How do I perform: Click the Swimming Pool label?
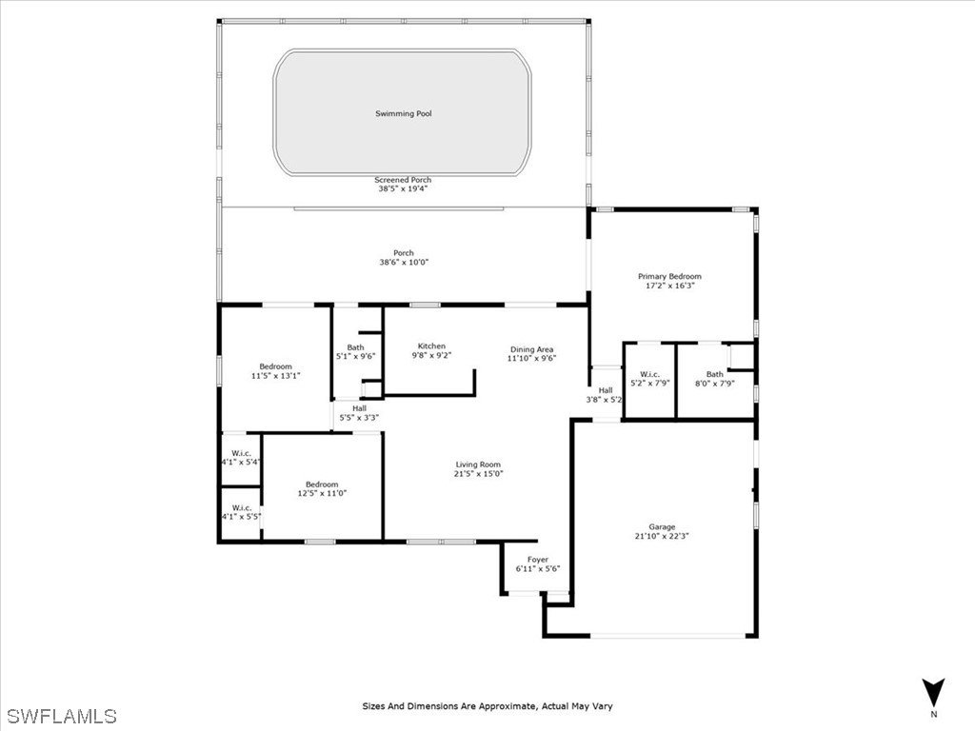point(403,114)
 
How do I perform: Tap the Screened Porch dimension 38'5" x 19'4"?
point(403,188)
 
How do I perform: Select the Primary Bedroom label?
point(669,277)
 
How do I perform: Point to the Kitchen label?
point(431,346)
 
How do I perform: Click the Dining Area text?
point(531,349)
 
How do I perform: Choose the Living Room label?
point(478,464)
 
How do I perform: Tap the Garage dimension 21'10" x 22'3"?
point(661,536)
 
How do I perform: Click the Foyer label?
point(538,560)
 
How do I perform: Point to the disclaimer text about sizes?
point(487,706)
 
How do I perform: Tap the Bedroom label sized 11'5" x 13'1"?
point(275,366)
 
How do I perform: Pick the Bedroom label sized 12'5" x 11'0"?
point(322,484)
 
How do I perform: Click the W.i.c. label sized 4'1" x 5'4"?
point(241,453)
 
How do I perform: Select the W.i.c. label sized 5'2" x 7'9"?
point(649,374)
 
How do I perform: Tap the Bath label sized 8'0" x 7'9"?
point(714,374)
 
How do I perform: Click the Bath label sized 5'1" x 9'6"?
point(356,347)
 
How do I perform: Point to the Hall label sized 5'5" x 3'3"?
point(359,408)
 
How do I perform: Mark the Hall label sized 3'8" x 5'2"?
point(606,390)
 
